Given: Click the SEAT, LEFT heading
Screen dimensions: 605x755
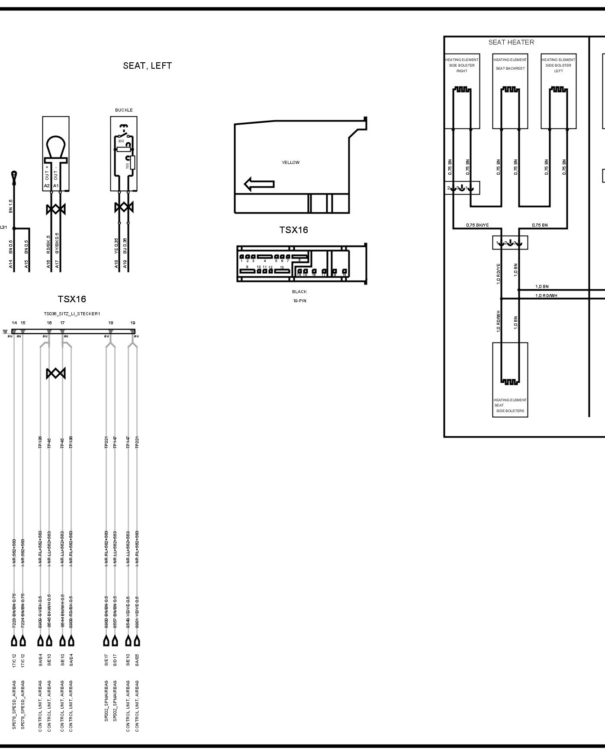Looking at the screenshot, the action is tap(147, 66).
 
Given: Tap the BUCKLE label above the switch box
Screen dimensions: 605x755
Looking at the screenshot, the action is tap(124, 110).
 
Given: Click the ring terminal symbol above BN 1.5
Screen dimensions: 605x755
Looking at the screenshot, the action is tap(15, 175).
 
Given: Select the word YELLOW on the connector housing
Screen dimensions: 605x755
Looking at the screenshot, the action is tap(290, 163).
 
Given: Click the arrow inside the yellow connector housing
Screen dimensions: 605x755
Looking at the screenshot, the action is tap(259, 184).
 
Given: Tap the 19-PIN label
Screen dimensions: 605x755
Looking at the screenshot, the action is tap(299, 301).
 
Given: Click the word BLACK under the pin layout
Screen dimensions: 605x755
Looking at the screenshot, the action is tap(299, 292).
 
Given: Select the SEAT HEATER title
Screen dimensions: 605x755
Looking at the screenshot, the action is tap(511, 42).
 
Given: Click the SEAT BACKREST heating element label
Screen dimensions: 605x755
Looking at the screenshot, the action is tap(510, 68).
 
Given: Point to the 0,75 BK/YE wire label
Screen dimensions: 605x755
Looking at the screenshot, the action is tap(477, 225).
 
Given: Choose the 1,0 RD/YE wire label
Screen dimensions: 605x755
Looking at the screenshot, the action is tap(498, 273).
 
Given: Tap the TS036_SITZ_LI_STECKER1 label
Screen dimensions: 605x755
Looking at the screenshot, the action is tap(72, 314).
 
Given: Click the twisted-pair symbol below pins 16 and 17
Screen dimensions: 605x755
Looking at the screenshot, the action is tap(55, 373).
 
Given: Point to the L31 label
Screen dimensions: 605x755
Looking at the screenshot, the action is tap(3, 227).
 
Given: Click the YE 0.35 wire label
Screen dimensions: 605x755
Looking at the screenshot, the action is tap(116, 245).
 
